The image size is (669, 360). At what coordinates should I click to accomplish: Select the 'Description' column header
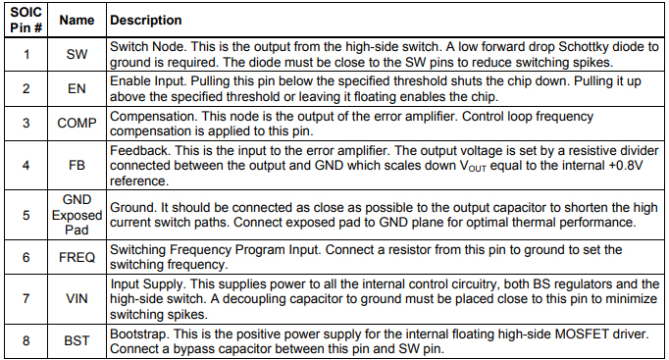point(146,20)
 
